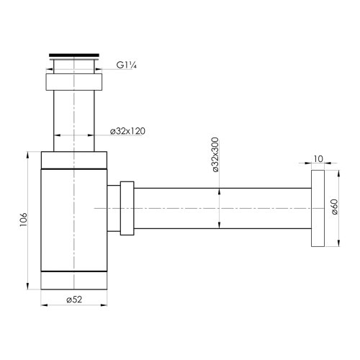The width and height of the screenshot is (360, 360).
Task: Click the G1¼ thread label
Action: click(127, 65)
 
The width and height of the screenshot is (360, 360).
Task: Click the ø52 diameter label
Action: click(73, 299)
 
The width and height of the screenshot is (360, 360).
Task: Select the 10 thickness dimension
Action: click(319, 157)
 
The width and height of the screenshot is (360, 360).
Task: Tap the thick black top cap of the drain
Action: click(76, 54)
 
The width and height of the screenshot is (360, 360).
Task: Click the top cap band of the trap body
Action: click(76, 160)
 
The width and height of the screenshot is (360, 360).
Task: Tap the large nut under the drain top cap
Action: click(76, 80)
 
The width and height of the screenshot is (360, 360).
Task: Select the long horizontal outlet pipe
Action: click(223, 208)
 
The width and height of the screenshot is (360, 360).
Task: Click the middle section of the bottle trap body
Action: click(76, 220)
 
